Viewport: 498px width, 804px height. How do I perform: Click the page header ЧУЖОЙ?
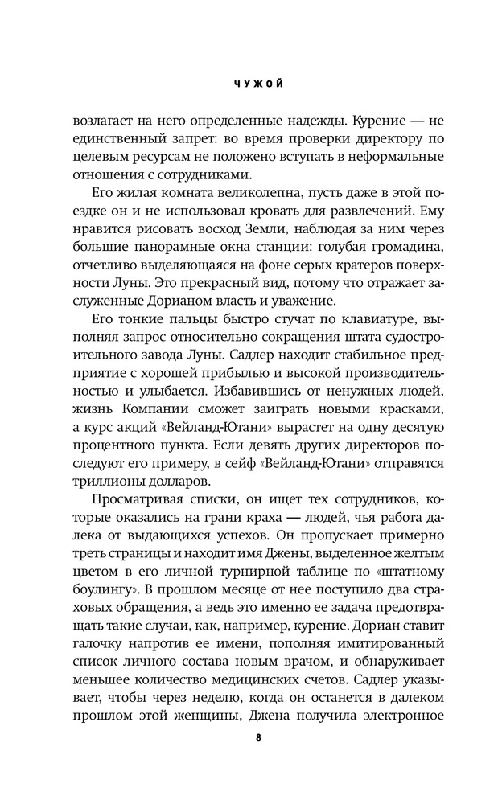[x=248, y=83]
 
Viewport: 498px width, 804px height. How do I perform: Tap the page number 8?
[x=248, y=737]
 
